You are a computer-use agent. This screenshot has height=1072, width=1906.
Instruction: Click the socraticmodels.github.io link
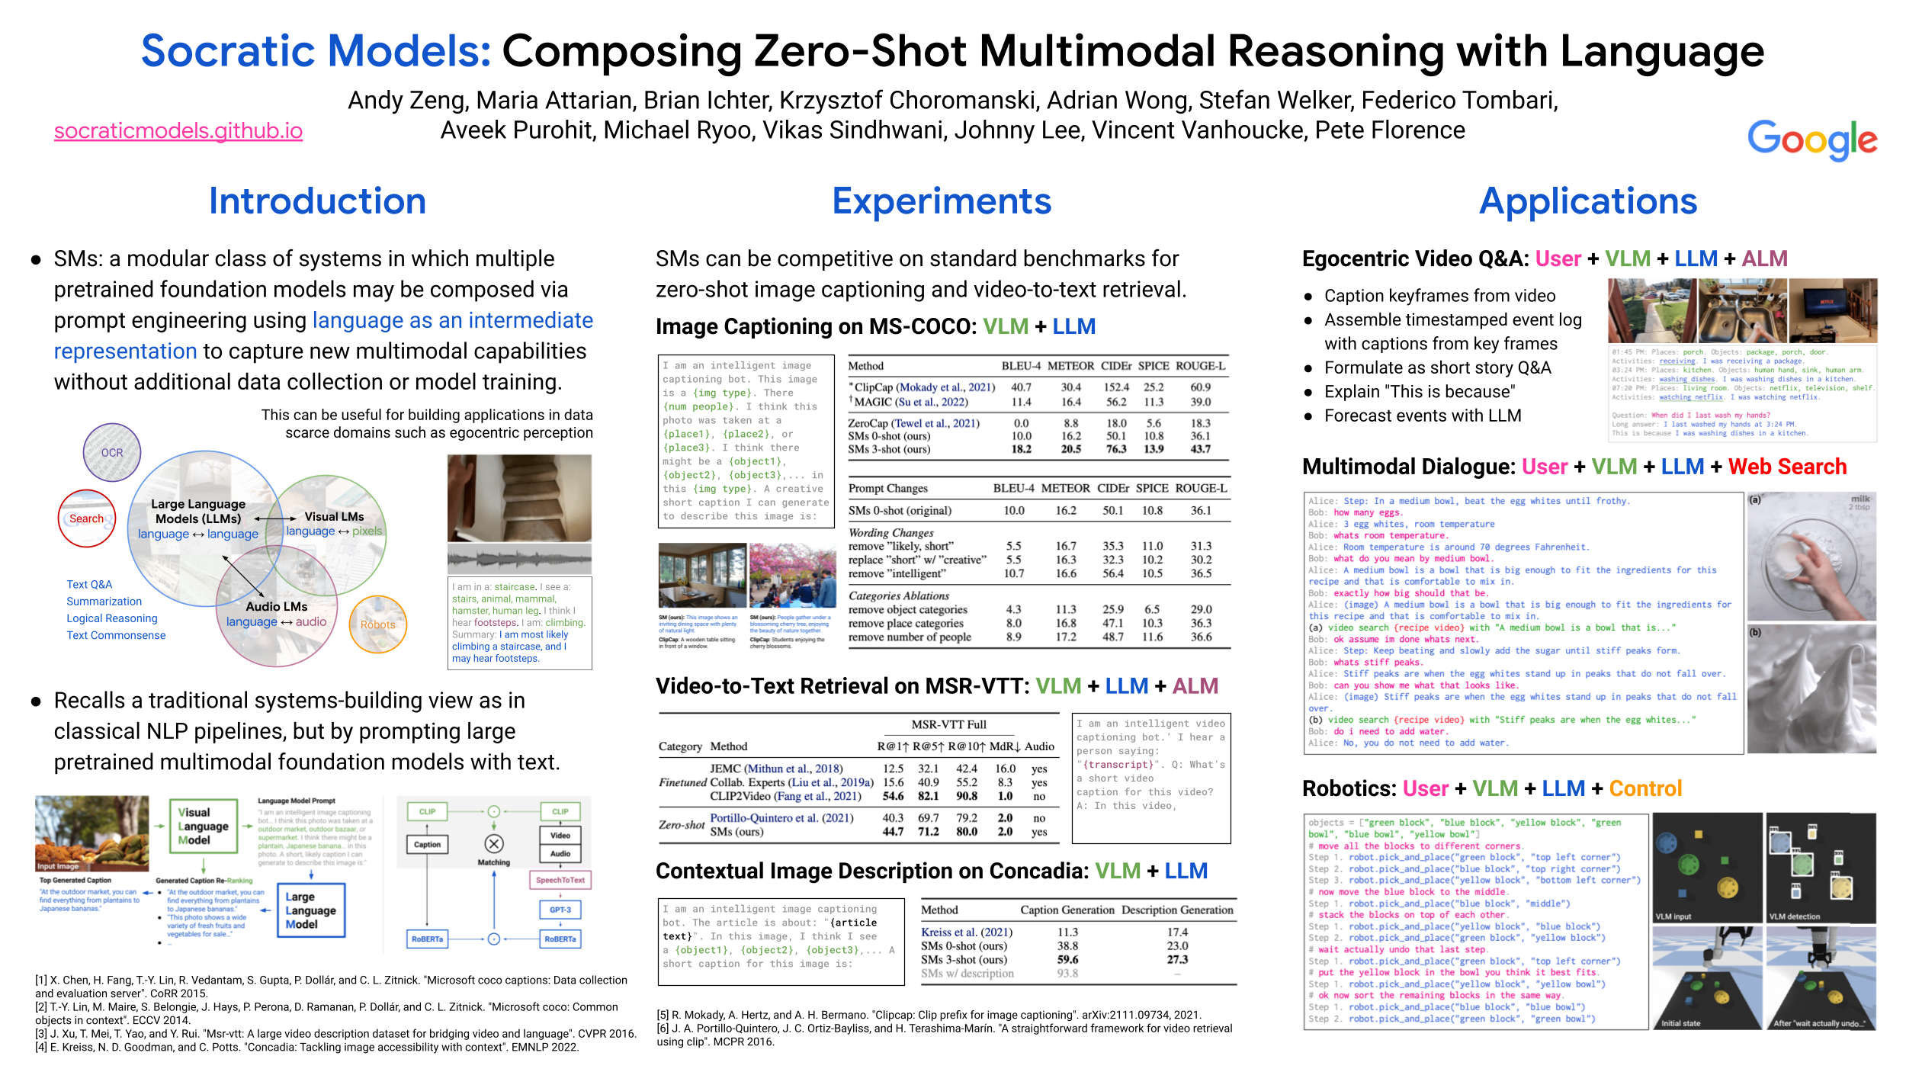click(178, 131)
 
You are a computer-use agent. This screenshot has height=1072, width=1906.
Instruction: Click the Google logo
click(1811, 140)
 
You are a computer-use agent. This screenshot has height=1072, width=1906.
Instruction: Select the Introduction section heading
click(317, 201)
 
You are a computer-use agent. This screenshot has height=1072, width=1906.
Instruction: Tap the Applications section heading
click(1588, 201)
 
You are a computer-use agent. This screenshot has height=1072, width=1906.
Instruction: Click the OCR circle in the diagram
click(112, 452)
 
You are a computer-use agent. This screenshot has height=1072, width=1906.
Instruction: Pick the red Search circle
click(87, 518)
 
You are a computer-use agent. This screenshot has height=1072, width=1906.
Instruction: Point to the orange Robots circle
click(378, 624)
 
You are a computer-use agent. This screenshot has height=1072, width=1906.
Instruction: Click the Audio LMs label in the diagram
click(277, 607)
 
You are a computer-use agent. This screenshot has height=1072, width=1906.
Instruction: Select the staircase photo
click(519, 498)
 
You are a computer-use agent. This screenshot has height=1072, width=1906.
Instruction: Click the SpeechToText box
click(560, 880)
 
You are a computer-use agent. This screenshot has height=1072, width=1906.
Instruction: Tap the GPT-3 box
click(560, 910)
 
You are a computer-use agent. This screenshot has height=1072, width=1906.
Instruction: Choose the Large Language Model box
click(310, 910)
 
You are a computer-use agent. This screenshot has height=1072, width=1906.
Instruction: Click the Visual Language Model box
click(203, 826)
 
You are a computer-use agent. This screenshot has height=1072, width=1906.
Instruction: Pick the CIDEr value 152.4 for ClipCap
click(1116, 387)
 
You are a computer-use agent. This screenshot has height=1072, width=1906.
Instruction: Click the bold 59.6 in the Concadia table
click(1067, 960)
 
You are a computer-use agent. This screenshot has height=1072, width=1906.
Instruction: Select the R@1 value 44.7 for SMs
click(893, 832)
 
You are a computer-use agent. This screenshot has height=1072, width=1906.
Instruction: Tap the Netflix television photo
click(1833, 310)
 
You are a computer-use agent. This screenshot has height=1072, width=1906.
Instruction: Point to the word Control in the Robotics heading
click(1645, 788)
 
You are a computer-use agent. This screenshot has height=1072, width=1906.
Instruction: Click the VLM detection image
click(1821, 868)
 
